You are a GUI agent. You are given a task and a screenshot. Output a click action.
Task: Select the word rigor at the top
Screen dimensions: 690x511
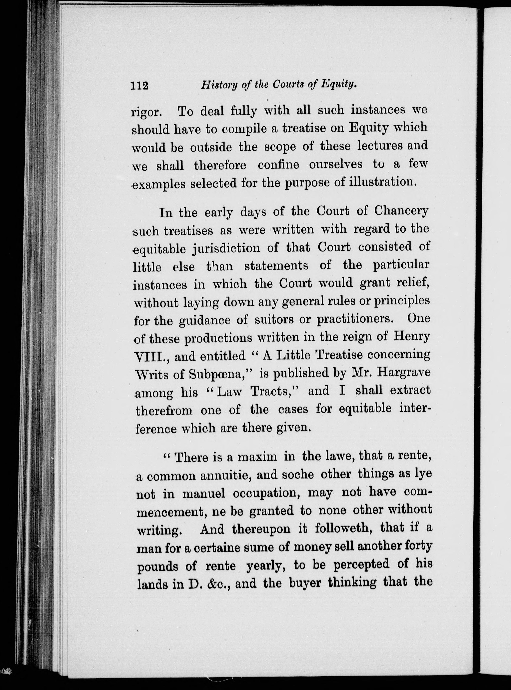coord(146,112)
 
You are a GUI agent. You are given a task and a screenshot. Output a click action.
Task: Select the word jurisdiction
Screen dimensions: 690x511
coord(235,249)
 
